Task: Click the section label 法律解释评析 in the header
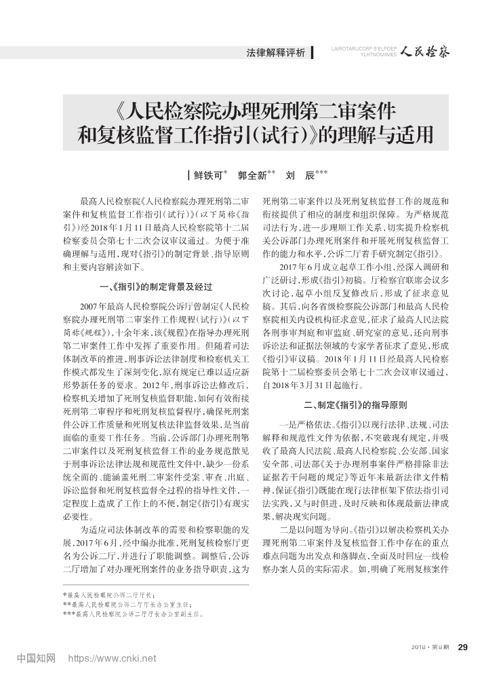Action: click(x=276, y=52)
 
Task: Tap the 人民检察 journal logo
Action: click(x=424, y=51)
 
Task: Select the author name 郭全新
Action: click(x=251, y=175)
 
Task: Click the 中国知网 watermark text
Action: click(x=36, y=658)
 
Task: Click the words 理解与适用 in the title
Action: click(x=396, y=135)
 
